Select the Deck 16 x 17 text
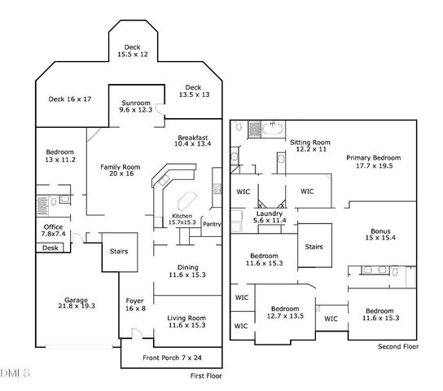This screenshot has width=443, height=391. (x=69, y=99)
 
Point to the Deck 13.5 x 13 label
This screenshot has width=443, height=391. (x=192, y=91)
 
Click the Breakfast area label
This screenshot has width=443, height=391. (x=192, y=140)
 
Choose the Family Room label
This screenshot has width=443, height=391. (x=121, y=170)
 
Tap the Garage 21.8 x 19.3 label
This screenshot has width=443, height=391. (x=77, y=303)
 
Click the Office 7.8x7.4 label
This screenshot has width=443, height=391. (x=55, y=231)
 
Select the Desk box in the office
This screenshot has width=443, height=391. (x=50, y=248)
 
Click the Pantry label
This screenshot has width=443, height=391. (x=212, y=224)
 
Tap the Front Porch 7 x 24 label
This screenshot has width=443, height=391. (x=173, y=356)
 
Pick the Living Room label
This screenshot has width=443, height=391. (x=186, y=321)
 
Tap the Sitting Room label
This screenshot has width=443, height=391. (x=309, y=146)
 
